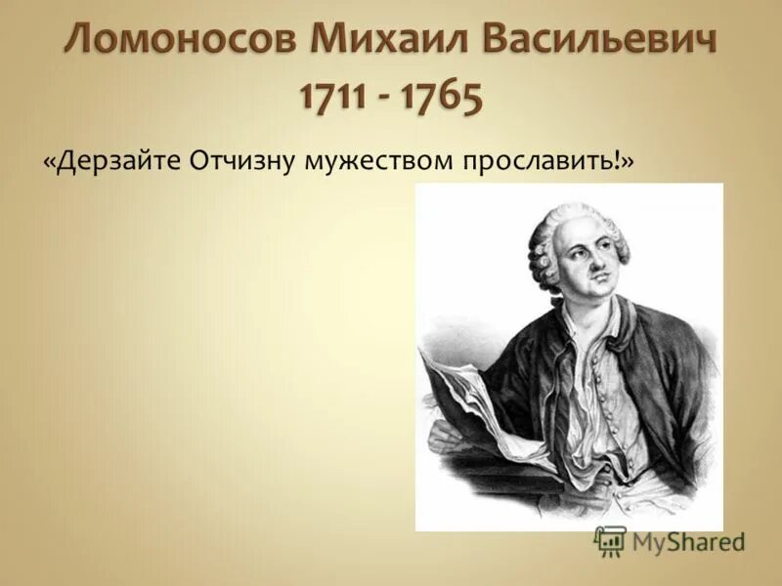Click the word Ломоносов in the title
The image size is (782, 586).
tap(182, 41)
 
